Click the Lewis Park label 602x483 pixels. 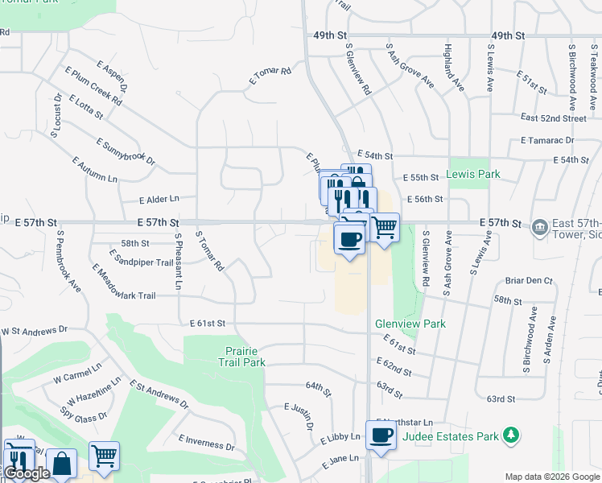tap(473, 174)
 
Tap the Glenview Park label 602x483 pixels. tap(410, 324)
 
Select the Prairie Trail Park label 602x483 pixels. tap(241, 357)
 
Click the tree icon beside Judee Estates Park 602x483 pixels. tap(510, 436)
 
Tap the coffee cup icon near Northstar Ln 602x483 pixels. tap(381, 435)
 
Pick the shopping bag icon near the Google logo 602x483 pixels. tap(61, 463)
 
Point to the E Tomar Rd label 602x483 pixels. tap(270, 75)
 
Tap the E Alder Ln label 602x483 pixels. tap(159, 199)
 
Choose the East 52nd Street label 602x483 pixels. tap(554, 118)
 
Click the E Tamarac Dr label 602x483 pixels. tap(546, 139)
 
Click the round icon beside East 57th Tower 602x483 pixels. tap(538, 225)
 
